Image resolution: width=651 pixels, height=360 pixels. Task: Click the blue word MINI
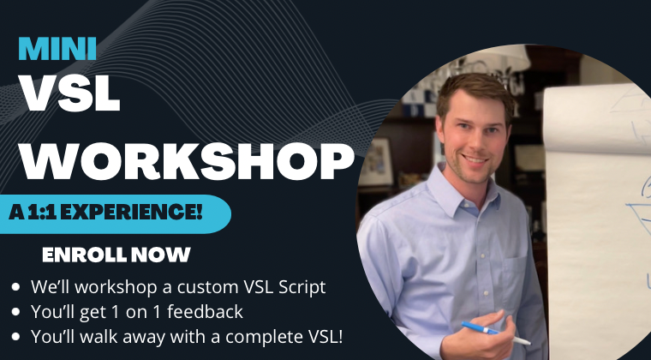coord(57,49)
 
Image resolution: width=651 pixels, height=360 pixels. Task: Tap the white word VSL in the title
coord(69,93)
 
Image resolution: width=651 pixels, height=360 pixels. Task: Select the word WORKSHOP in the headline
coord(187,161)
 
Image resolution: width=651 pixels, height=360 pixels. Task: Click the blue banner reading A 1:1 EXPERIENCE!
coord(115,213)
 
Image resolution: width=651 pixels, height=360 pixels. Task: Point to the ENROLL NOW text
coord(116,255)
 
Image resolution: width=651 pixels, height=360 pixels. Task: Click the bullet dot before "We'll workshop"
coord(16,287)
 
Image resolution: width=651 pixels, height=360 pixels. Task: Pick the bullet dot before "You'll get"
coord(16,312)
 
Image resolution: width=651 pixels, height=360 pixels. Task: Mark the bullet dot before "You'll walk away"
coord(16,337)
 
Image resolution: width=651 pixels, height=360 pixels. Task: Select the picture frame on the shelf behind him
coord(376,161)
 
